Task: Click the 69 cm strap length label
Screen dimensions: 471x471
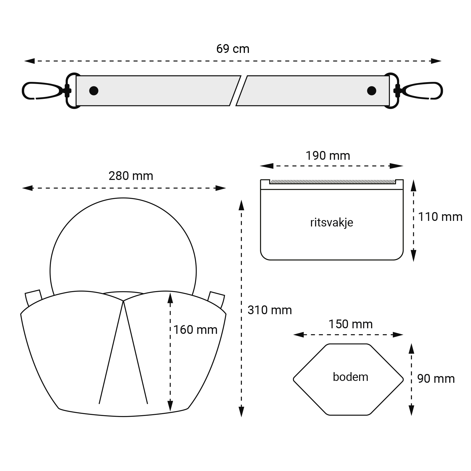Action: coord(233,49)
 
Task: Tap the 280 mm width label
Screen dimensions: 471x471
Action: coord(131,176)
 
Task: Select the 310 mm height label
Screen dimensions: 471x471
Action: coord(270,310)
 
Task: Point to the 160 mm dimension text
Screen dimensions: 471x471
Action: coord(195,330)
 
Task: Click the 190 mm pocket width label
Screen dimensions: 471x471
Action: coord(328,156)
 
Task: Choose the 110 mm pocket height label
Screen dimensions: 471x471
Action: coord(440,217)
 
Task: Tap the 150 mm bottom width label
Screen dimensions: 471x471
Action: coord(350,324)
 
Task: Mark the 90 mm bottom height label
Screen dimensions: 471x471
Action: coord(436,379)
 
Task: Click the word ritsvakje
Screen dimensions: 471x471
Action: coord(332,222)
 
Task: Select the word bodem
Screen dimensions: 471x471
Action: coord(351,377)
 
